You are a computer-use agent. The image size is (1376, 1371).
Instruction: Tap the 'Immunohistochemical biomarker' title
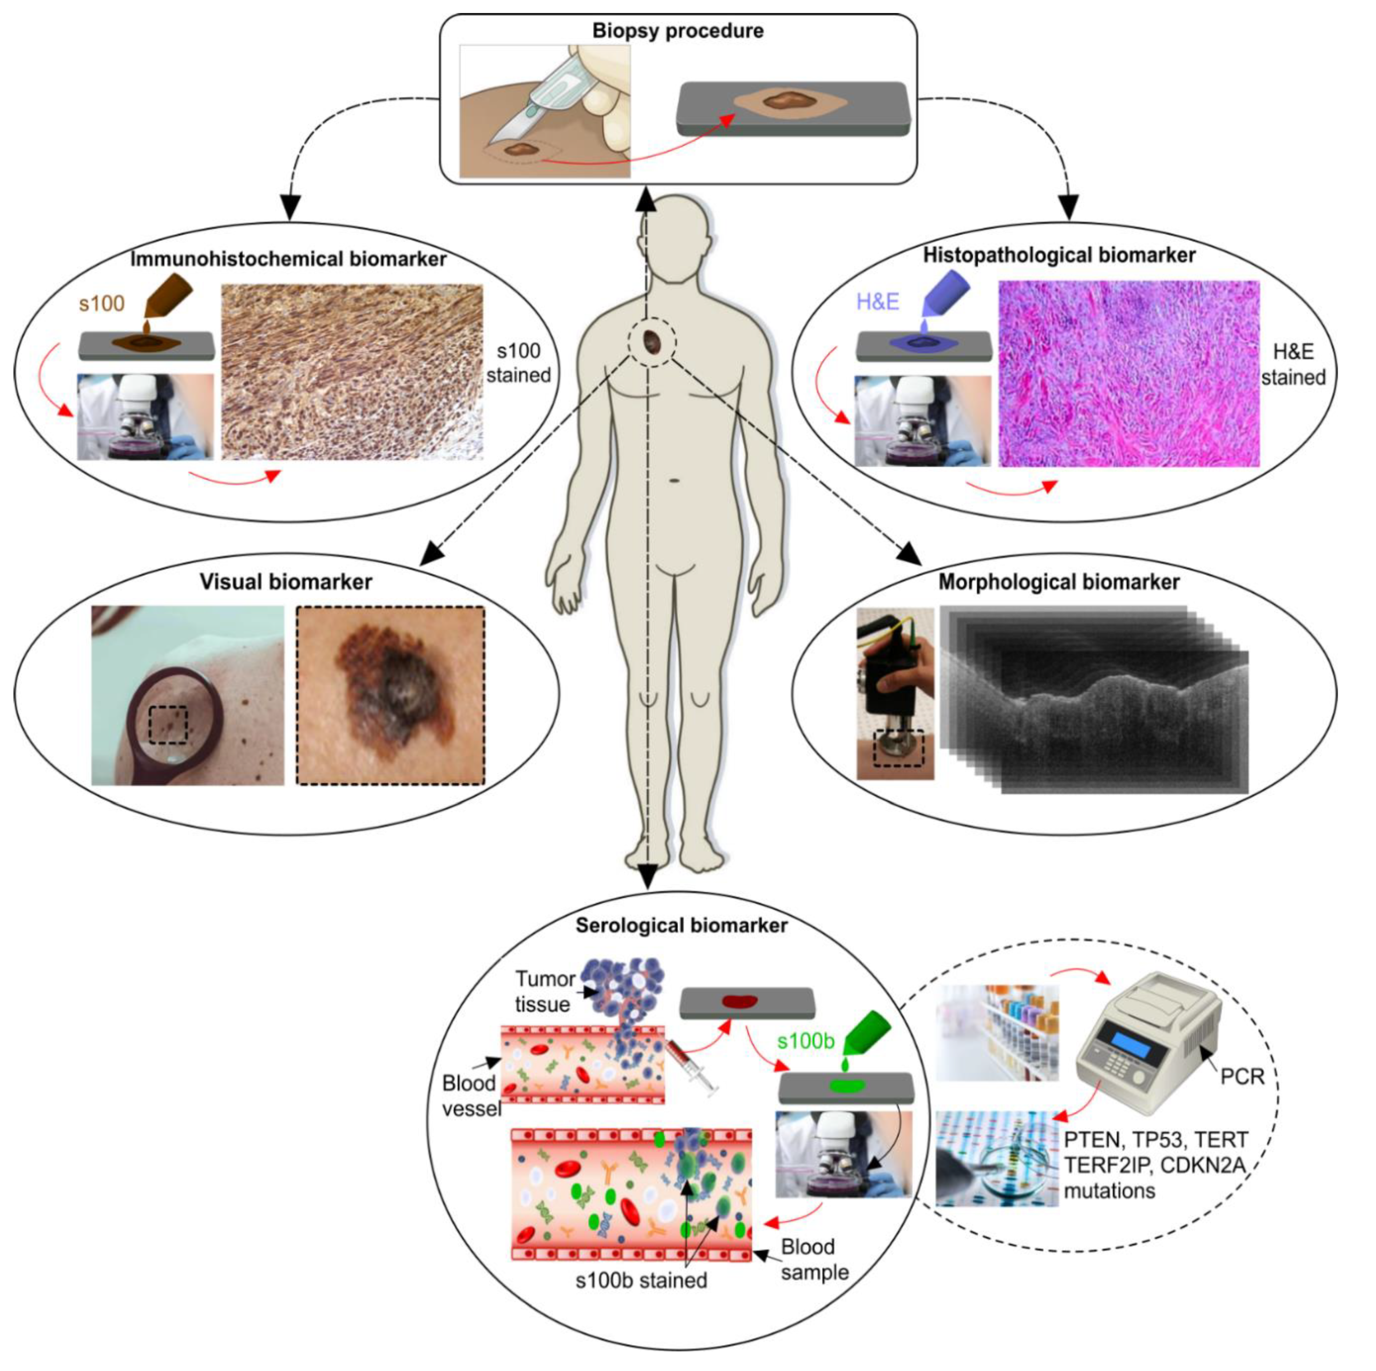tap(288, 259)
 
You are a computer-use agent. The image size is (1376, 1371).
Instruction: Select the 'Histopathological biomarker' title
tap(1059, 255)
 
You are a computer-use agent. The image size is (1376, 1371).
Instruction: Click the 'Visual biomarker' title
tap(286, 582)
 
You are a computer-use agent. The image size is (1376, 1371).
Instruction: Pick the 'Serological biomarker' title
tap(682, 925)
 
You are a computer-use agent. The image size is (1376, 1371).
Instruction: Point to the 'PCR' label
tap(1242, 1076)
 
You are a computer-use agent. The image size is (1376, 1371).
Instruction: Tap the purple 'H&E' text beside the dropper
tap(877, 302)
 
